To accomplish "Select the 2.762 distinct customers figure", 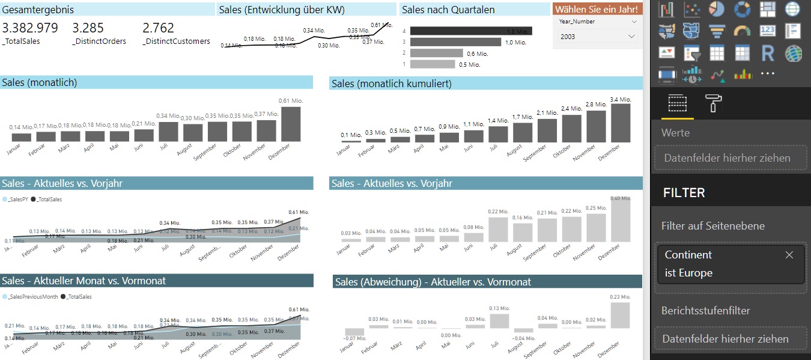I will point(159,28).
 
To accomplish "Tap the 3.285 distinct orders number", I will point(88,28).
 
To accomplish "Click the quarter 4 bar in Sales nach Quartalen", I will point(471,31).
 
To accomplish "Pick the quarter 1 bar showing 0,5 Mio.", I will point(433,64).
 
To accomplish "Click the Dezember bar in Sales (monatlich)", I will point(291,124).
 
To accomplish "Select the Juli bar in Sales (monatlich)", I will point(168,132).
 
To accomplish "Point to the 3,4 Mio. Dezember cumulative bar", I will point(621,123).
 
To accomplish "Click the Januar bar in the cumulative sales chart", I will point(351,141).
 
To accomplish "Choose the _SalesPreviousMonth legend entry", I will point(30,297).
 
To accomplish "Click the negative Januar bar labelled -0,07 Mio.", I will point(354,332).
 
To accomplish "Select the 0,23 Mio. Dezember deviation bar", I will point(620,314).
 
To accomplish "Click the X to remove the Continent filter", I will point(789,255).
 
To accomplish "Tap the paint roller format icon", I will point(714,103).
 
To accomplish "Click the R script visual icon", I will point(767,53).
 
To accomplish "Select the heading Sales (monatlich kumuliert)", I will point(391,84).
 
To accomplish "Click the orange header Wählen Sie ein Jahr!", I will point(597,10).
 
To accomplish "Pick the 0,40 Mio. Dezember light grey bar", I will point(620,219).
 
